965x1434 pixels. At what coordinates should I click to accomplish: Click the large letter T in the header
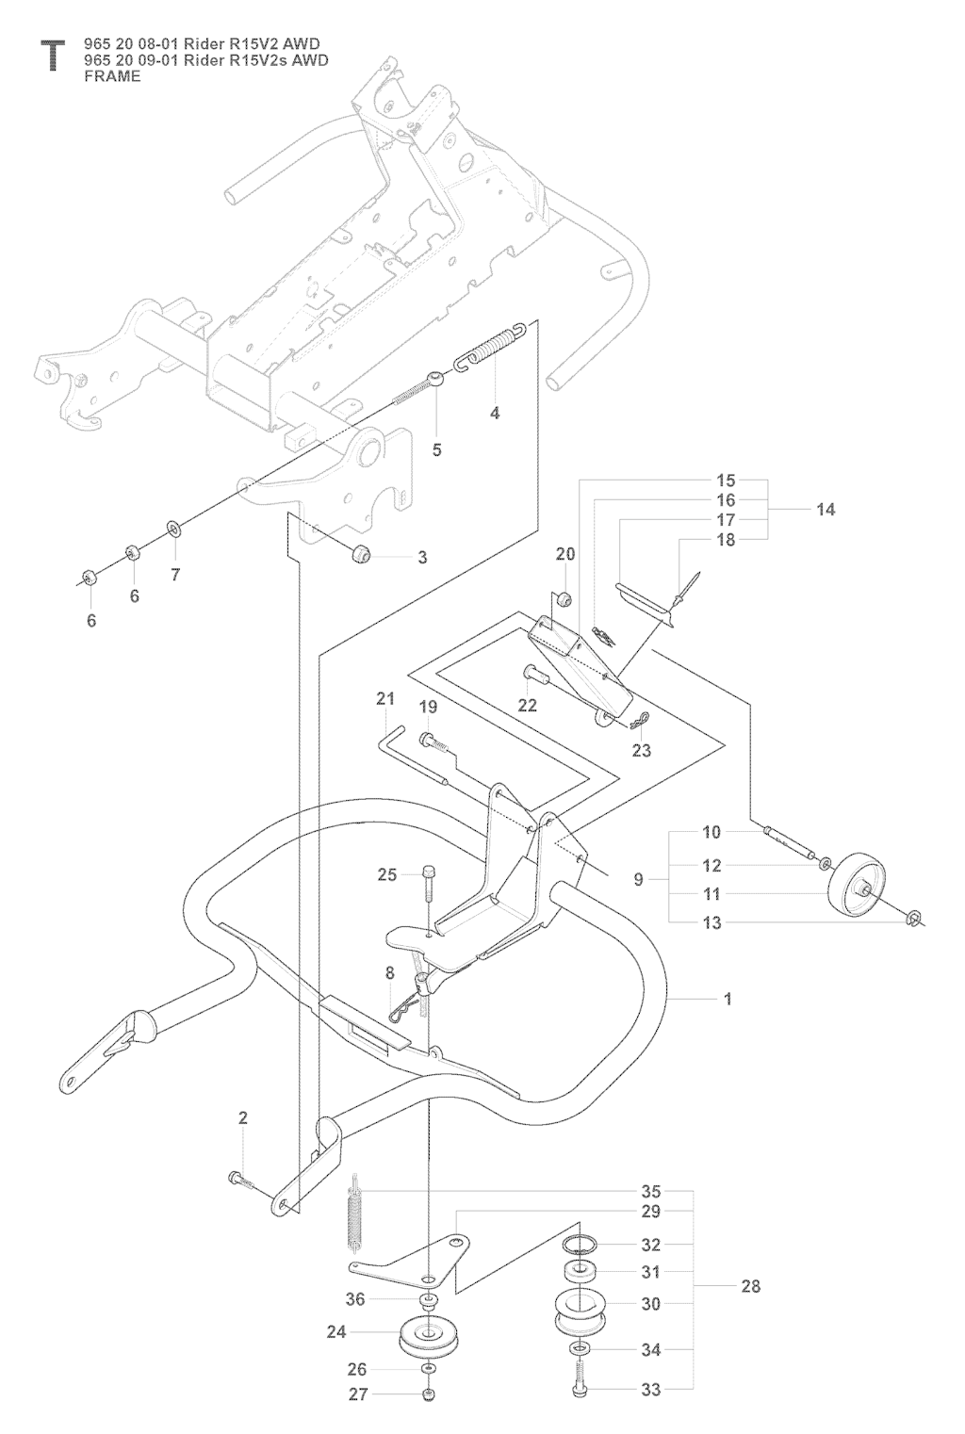pos(52,55)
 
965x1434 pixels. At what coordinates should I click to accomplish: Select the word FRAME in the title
pos(112,76)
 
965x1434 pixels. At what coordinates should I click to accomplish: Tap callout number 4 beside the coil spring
pos(495,413)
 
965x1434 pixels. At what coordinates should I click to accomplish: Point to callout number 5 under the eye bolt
pos(436,449)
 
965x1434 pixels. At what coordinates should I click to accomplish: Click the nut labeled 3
pos(362,552)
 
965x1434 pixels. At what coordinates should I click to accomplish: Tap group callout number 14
pos(826,510)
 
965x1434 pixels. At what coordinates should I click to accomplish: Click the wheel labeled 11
pos(858,884)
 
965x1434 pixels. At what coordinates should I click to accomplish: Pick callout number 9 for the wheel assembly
pos(638,880)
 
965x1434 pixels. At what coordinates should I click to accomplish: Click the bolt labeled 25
pos(428,881)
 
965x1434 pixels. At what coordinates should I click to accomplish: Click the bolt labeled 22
pos(536,674)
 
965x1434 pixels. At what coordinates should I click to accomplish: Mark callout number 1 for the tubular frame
pos(727,999)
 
